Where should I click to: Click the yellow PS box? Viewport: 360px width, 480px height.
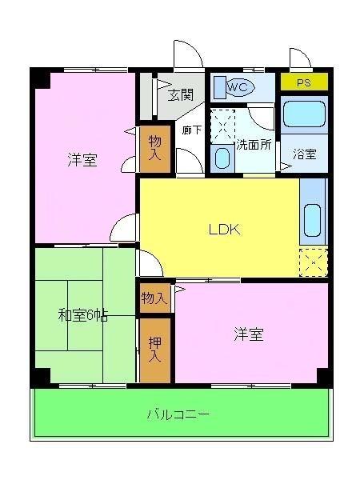304,82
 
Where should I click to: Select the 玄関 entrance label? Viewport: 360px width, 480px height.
181,94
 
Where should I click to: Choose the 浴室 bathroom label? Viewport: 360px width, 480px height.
304,154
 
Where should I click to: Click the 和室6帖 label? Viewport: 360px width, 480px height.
82,315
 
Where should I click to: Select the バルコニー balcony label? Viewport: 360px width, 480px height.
178,414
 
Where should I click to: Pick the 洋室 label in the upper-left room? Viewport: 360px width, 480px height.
82,159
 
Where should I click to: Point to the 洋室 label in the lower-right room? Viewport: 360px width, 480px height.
249,334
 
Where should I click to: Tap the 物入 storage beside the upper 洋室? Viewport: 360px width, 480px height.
154,147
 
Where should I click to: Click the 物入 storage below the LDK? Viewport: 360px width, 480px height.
154,298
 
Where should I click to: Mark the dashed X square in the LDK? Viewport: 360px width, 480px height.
313,261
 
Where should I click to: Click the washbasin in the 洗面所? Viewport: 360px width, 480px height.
222,158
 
